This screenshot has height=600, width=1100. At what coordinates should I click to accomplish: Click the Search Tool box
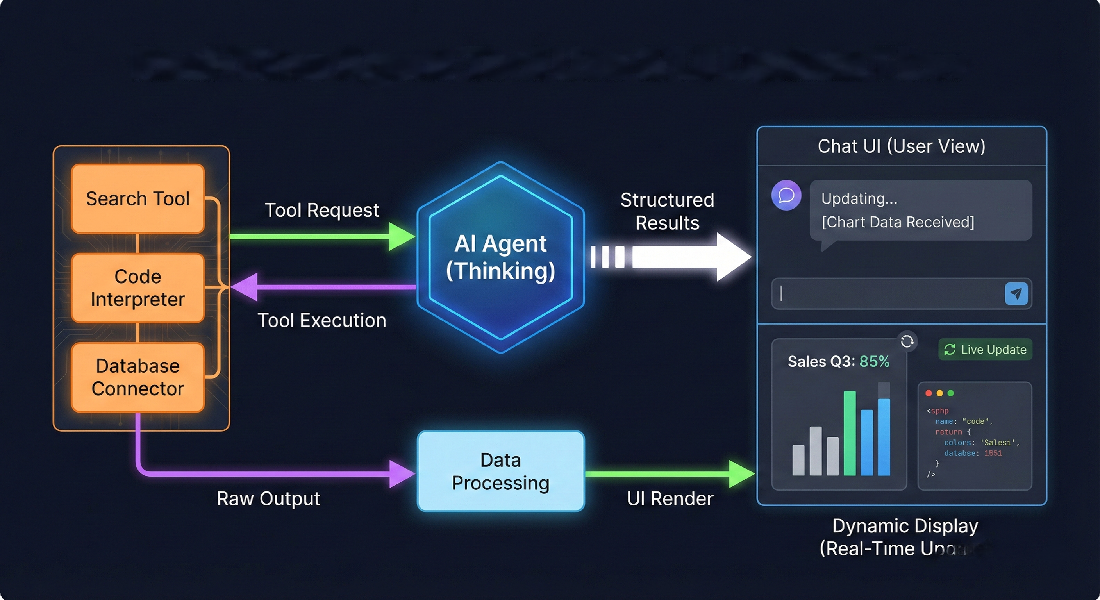pyautogui.click(x=137, y=198)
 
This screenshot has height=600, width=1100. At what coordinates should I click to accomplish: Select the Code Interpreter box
pyautogui.click(x=137, y=288)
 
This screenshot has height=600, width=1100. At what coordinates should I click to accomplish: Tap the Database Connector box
pyautogui.click(x=137, y=377)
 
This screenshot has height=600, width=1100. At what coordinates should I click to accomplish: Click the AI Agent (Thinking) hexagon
pyautogui.click(x=500, y=257)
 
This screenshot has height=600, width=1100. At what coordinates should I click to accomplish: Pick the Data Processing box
pyautogui.click(x=500, y=471)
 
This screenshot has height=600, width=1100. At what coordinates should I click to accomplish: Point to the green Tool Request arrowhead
pyautogui.click(x=402, y=236)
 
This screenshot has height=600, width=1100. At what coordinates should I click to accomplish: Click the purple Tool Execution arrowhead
pyautogui.click(x=244, y=287)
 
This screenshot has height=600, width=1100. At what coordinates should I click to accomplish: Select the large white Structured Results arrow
pyautogui.click(x=692, y=257)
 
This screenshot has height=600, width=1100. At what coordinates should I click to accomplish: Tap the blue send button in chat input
pyautogui.click(x=1016, y=294)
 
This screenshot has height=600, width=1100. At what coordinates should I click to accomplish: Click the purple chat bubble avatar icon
pyautogui.click(x=786, y=196)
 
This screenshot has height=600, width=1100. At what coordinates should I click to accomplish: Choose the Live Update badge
pyautogui.click(x=985, y=350)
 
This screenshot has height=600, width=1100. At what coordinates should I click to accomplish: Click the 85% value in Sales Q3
pyautogui.click(x=874, y=362)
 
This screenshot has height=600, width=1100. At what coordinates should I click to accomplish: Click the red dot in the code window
pyautogui.click(x=929, y=393)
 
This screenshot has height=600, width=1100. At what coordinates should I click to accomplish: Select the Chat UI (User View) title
pyautogui.click(x=902, y=146)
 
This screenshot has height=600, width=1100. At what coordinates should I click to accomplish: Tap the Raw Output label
pyautogui.click(x=268, y=499)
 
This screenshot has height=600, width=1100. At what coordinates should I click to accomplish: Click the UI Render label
pyautogui.click(x=670, y=499)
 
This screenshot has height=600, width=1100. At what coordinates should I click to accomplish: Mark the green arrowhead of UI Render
pyautogui.click(x=741, y=473)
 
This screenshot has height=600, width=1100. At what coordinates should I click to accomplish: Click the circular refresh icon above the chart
pyautogui.click(x=907, y=341)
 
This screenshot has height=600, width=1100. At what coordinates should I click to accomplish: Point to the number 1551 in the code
pyautogui.click(x=993, y=453)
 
